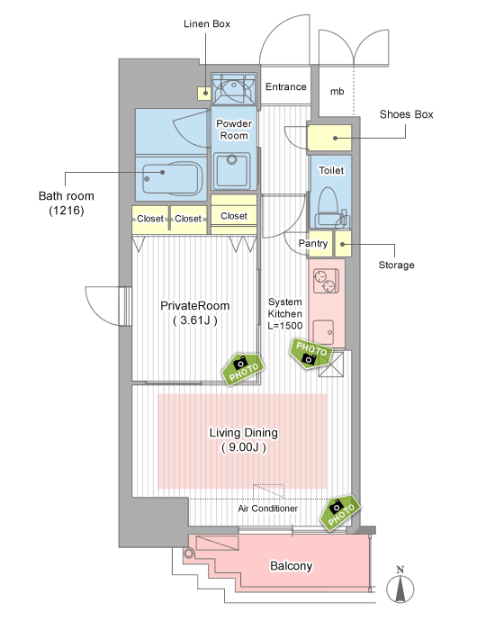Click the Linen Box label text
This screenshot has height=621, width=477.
207,23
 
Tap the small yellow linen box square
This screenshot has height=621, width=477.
204,94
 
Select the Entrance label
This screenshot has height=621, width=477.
285,86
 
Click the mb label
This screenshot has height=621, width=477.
337,92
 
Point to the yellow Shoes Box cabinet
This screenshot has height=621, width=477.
329,138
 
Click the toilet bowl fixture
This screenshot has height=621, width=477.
328,207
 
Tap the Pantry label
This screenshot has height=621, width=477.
313,243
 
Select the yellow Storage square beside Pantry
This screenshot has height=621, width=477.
343,244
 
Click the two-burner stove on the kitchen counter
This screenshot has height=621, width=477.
326,281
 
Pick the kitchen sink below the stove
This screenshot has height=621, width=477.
324,332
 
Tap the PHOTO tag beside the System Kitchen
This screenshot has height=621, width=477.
311,353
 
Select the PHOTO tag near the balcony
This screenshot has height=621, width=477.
340,512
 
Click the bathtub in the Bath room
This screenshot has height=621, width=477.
172,177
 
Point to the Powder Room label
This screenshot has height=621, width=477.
234,130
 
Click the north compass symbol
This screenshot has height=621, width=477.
400,586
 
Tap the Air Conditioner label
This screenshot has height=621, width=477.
268,508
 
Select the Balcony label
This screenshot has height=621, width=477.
291,566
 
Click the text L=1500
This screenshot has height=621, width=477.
285,326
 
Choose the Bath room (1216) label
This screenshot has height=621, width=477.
67,202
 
